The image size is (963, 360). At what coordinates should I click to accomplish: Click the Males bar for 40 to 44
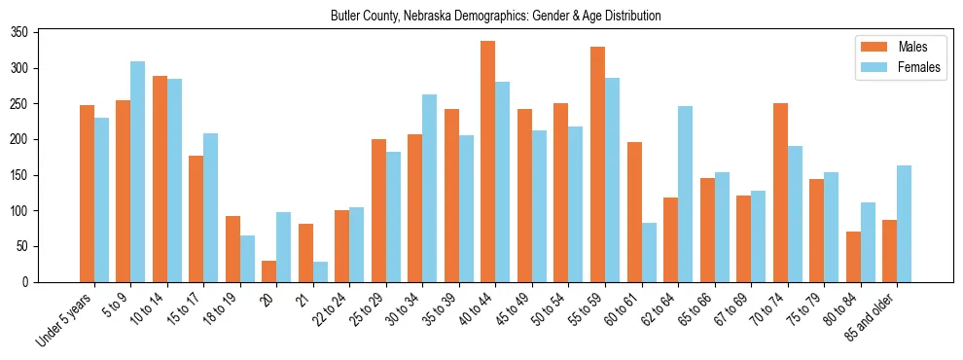pyautogui.click(x=488, y=162)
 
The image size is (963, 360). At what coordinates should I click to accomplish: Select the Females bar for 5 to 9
pyautogui.click(x=137, y=172)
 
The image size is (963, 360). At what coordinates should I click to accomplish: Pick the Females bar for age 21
pyautogui.click(x=320, y=271)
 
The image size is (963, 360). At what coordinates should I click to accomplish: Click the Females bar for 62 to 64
pyautogui.click(x=685, y=195)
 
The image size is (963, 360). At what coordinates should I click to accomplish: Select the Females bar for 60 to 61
pyautogui.click(x=649, y=253)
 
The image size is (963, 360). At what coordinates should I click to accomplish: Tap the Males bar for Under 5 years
pyautogui.click(x=87, y=194)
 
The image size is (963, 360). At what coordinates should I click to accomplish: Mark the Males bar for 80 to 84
pyautogui.click(x=853, y=257)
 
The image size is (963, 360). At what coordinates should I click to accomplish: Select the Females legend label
pyautogui.click(x=920, y=68)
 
